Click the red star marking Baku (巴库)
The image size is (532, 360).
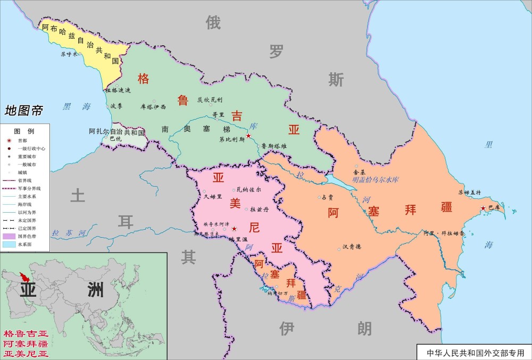(483, 208)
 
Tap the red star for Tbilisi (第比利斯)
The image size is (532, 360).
(248, 136)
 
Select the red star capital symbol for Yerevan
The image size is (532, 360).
(234, 229)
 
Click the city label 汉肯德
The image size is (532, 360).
(352, 247)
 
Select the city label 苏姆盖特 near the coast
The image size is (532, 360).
(469, 192)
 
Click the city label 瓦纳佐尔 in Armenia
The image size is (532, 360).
(248, 189)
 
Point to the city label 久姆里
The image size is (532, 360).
(213, 196)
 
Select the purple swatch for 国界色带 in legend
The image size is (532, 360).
(9, 236)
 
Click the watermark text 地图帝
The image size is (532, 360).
(24, 111)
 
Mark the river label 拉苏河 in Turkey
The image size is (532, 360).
(70, 233)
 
